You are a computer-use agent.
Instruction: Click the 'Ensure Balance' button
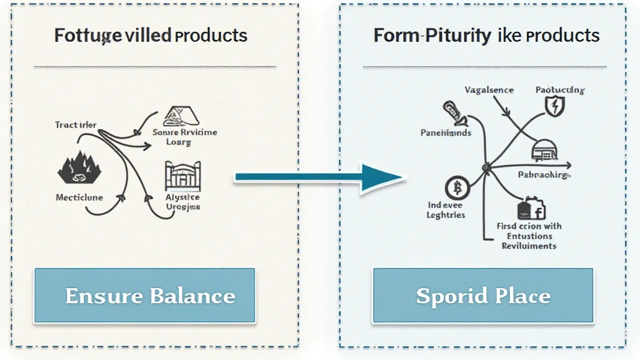(144, 296)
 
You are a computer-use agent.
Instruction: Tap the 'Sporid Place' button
(482, 296)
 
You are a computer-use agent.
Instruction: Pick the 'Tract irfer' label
(76, 125)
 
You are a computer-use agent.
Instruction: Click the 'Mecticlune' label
(79, 197)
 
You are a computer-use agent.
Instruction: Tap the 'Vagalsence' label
(489, 90)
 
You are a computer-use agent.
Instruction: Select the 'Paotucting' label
(560, 90)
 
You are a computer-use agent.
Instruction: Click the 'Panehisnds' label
(446, 133)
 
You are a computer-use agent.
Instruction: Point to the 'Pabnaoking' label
(543, 175)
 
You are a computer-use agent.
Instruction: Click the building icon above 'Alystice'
(184, 176)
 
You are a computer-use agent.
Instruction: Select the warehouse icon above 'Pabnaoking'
(542, 151)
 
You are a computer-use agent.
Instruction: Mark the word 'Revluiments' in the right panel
(529, 246)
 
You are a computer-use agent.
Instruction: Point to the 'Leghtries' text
(446, 214)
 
